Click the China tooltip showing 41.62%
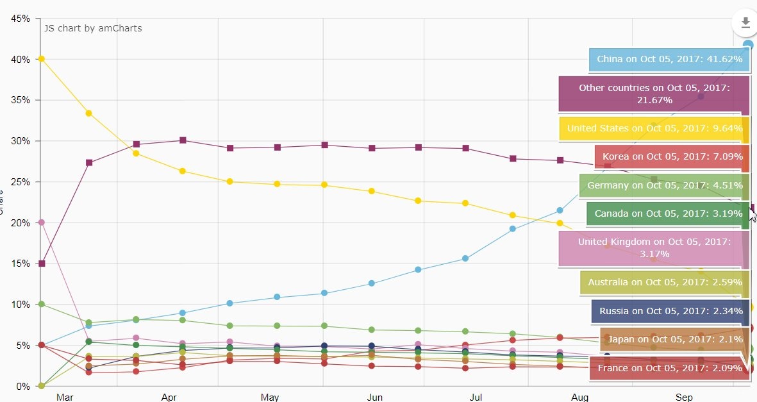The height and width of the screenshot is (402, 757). coord(669,60)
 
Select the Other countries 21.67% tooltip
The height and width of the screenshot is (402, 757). coord(653,94)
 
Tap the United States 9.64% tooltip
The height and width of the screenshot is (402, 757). coord(654,128)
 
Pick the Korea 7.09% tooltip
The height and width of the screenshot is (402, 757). coord(672,156)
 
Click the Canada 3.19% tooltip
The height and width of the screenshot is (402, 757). coord(668,214)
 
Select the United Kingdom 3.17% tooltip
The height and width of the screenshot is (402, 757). coord(654,247)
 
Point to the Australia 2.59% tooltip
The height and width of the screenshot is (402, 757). coord(665,282)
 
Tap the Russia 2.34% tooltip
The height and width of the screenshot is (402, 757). coord(670,311)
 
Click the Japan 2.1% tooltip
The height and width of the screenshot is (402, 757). coord(675,339)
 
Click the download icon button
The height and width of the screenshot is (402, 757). coord(745,23)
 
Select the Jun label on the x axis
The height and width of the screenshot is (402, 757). coord(374,398)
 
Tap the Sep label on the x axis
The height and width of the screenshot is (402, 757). coord(684,398)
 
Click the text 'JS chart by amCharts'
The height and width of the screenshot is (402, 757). coord(93,28)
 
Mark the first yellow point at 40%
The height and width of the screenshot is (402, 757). coord(42,59)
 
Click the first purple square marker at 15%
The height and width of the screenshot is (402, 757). coord(42,264)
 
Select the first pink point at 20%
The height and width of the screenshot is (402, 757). coord(42,222)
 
